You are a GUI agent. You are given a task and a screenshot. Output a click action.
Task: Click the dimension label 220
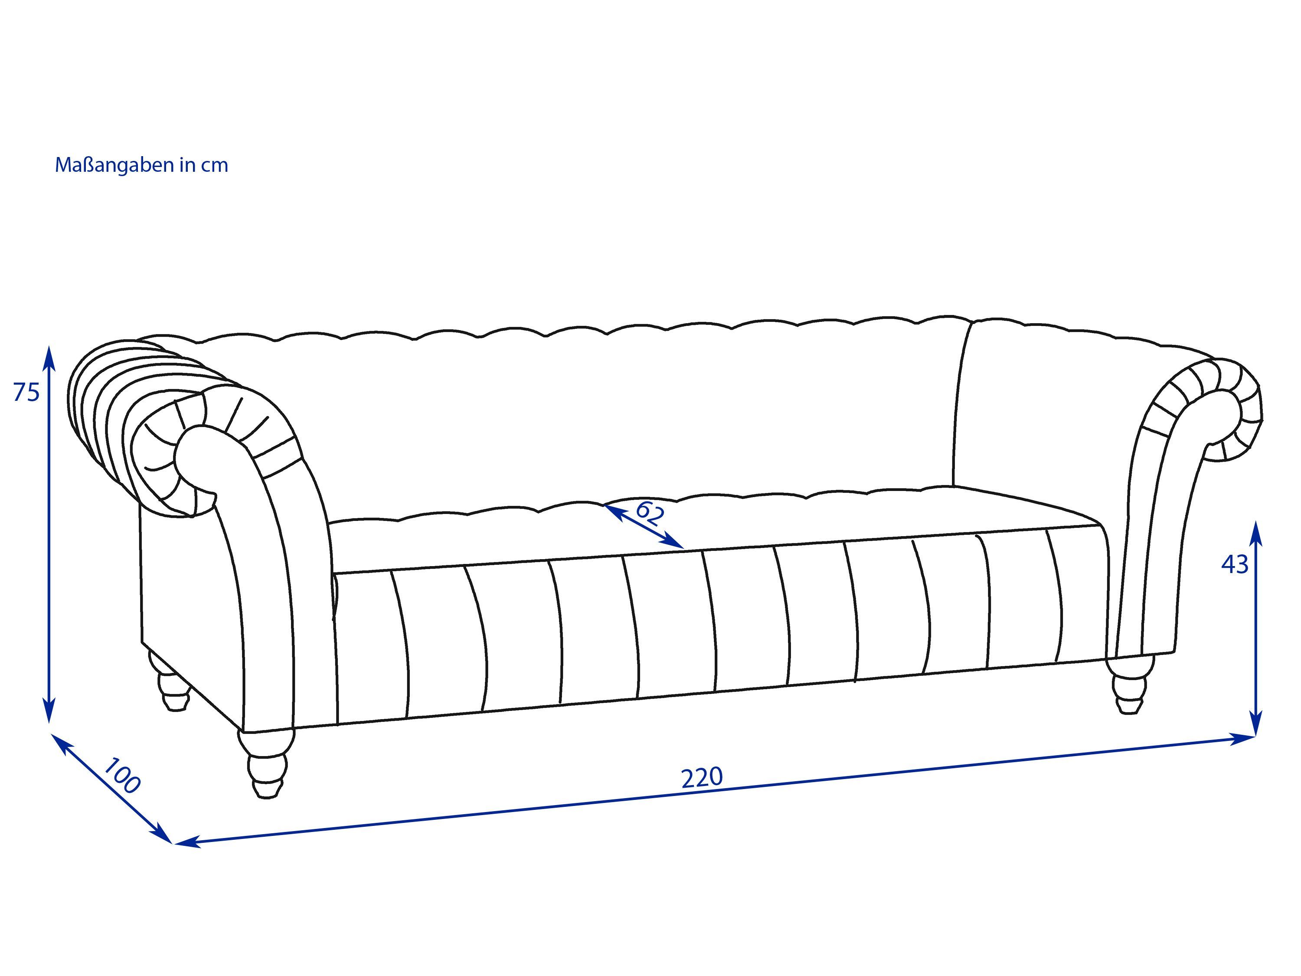702,778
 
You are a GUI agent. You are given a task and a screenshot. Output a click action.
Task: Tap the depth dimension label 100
122,776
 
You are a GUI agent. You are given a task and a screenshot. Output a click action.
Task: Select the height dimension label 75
26,393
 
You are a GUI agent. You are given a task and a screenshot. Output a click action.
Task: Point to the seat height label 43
1235,565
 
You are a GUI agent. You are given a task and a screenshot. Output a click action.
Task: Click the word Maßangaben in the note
114,165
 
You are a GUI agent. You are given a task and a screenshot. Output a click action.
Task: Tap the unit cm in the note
215,166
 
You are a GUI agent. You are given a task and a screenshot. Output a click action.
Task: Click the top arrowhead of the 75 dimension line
49,358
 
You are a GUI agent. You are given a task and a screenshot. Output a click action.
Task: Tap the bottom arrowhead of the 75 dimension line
49,710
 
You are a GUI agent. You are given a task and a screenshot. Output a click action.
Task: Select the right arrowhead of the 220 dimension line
1242,738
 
